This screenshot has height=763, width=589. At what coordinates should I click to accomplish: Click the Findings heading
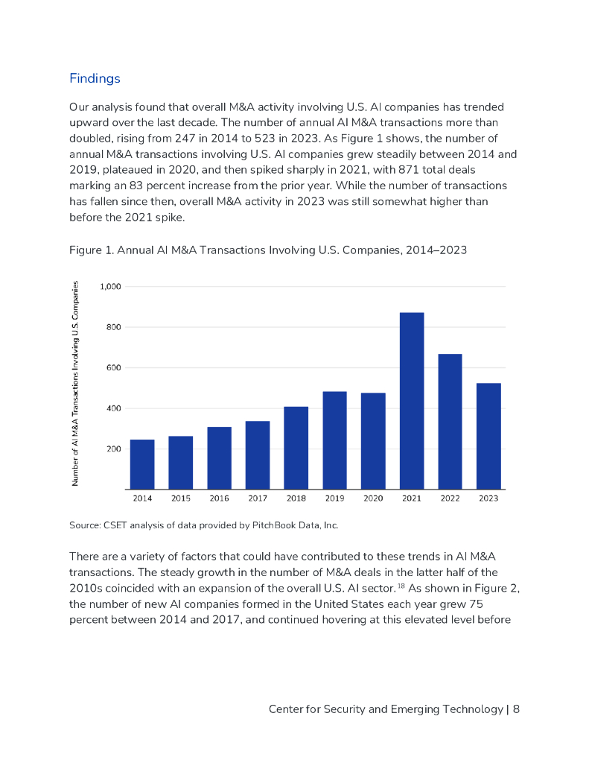click(95, 78)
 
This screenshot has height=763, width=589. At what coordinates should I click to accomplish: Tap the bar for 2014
click(142, 464)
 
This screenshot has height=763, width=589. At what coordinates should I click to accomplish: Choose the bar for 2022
click(450, 422)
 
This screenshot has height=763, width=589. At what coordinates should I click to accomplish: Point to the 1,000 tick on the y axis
click(111, 287)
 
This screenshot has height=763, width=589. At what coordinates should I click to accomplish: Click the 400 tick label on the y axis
click(114, 408)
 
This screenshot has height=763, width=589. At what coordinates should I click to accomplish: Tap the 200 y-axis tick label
click(114, 449)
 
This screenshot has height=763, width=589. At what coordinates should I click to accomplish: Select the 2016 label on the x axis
click(219, 498)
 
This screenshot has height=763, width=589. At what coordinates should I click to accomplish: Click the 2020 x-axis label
click(373, 498)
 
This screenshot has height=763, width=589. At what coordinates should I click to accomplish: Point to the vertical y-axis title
click(75, 387)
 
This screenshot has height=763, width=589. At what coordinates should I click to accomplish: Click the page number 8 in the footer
click(516, 709)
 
